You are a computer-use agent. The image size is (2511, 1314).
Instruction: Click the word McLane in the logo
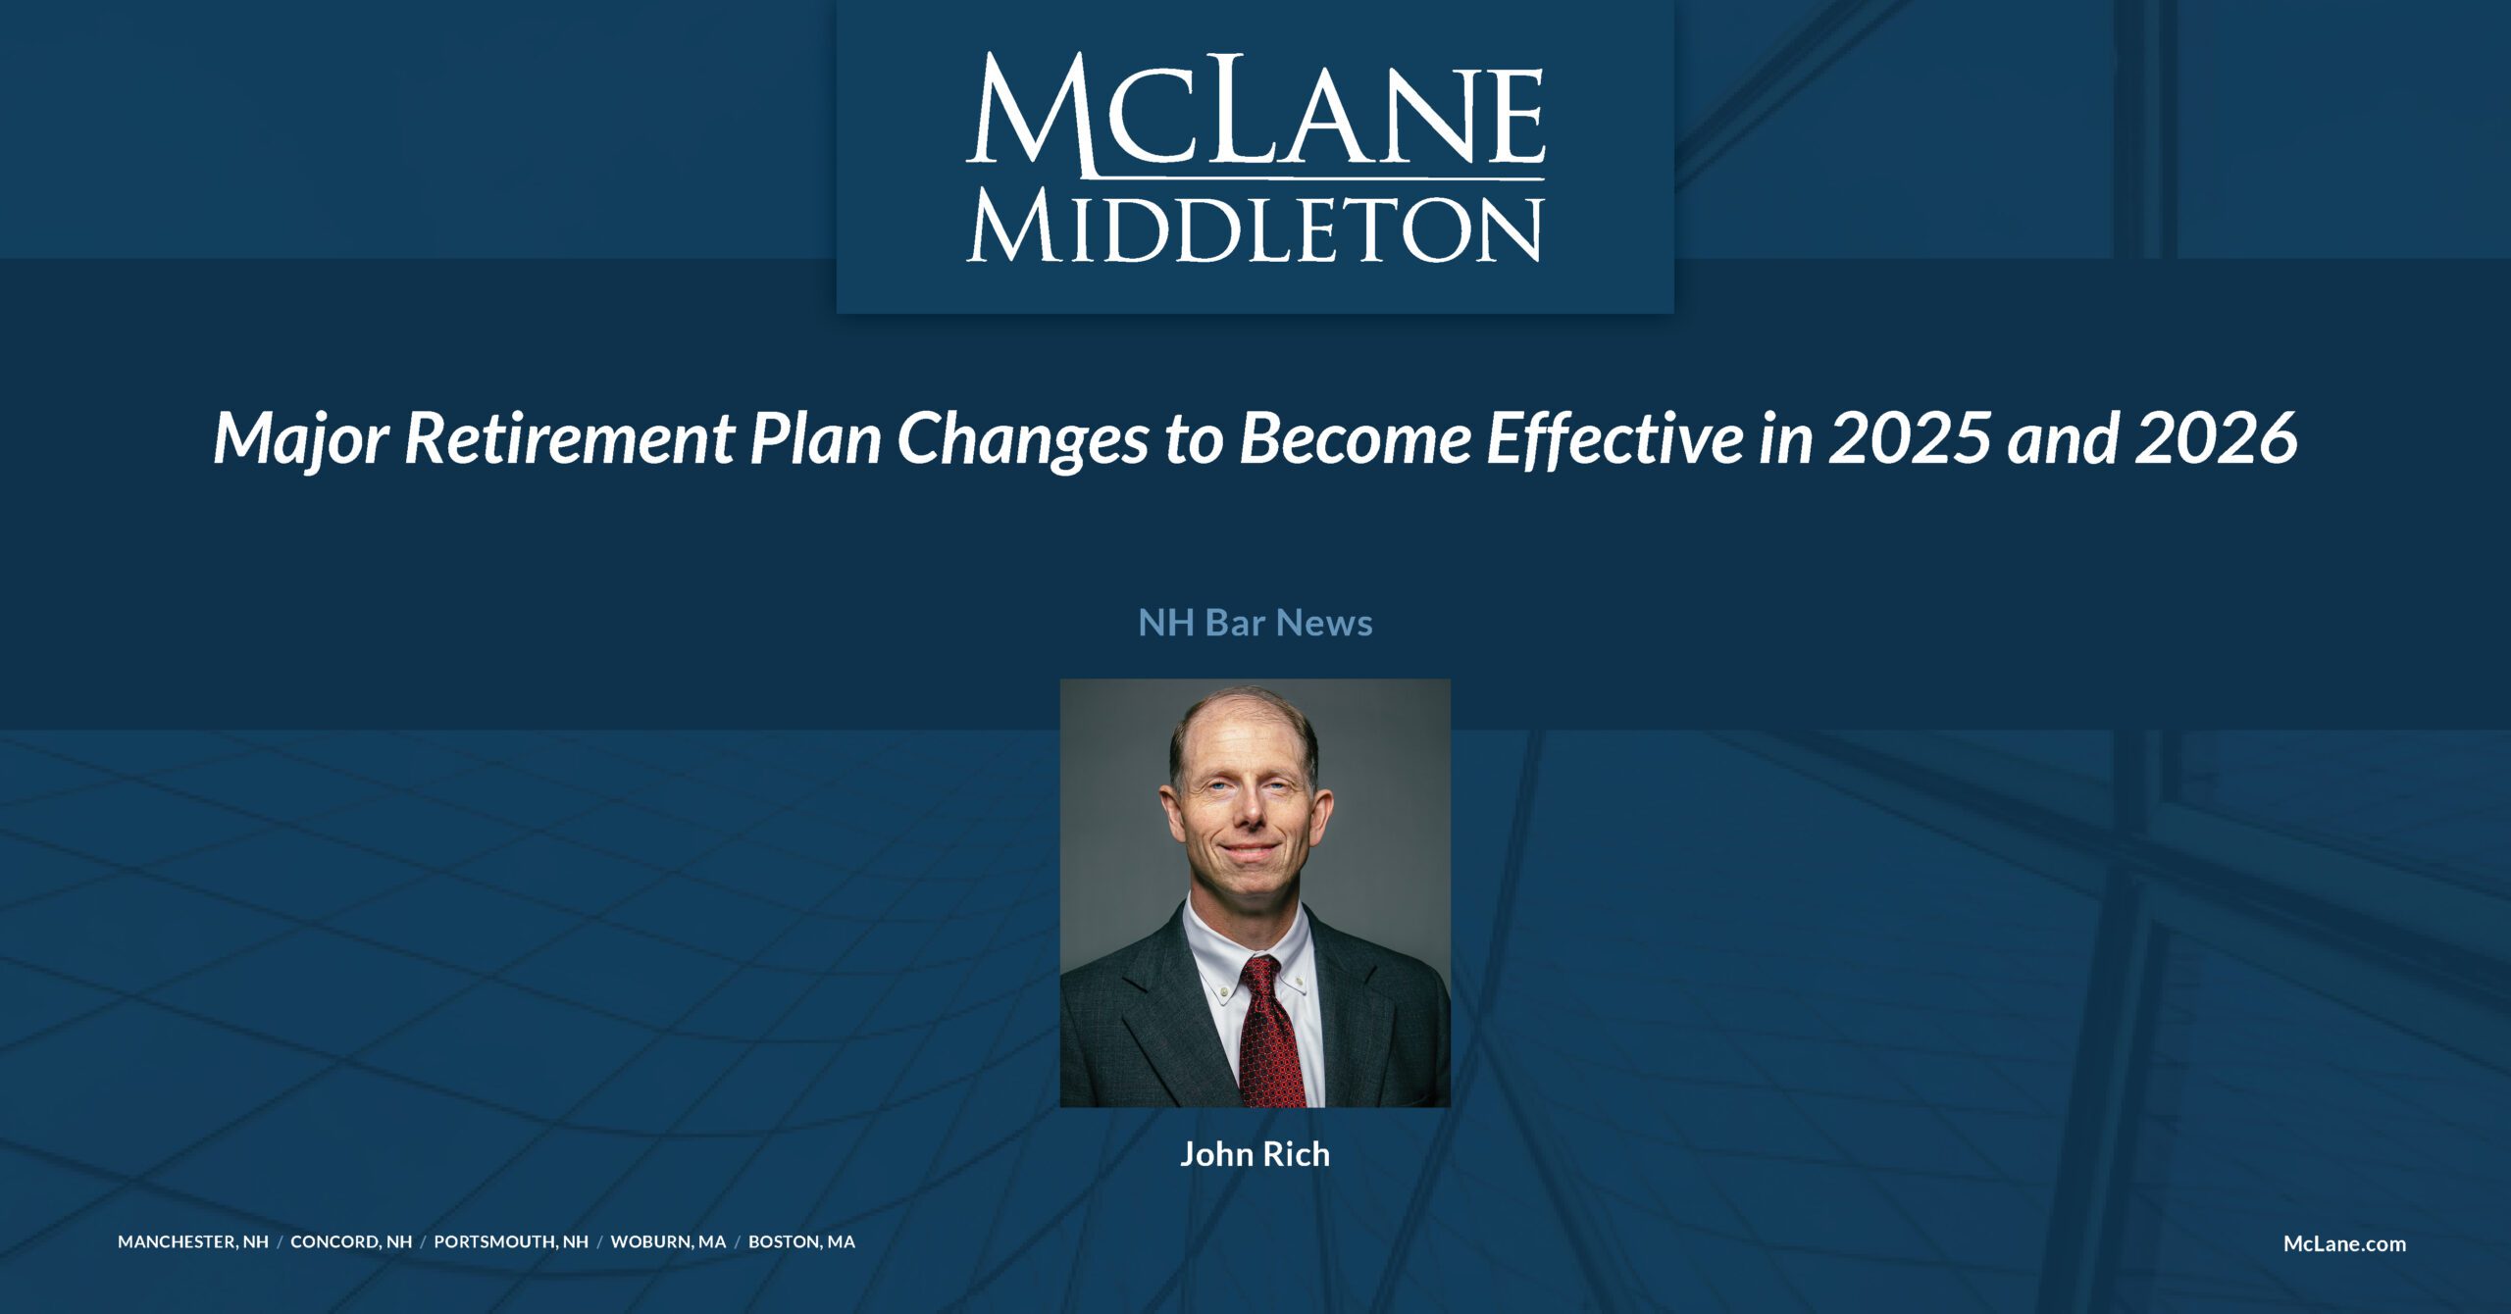[x=1255, y=113]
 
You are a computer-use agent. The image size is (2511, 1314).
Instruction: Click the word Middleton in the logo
[x=1255, y=228]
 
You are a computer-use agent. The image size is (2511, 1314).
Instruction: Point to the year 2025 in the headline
[x=1910, y=438]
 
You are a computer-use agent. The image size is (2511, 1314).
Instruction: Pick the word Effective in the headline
[x=1614, y=438]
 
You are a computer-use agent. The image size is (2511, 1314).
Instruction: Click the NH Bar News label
[x=1255, y=623]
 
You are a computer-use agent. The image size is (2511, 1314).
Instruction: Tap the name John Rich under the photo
[x=1255, y=1154]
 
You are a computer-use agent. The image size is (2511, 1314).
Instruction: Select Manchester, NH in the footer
[x=193, y=1241]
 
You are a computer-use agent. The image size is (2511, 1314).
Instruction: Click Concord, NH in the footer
[x=351, y=1241]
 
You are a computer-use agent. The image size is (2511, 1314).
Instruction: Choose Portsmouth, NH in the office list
[x=511, y=1241]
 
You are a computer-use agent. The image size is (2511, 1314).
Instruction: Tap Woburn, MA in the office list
[x=668, y=1241]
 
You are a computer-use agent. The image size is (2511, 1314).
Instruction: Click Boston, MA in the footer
[x=801, y=1241]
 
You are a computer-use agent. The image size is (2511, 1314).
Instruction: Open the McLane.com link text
[x=2344, y=1243]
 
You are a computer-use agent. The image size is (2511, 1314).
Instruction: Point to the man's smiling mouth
[x=1248, y=849]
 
